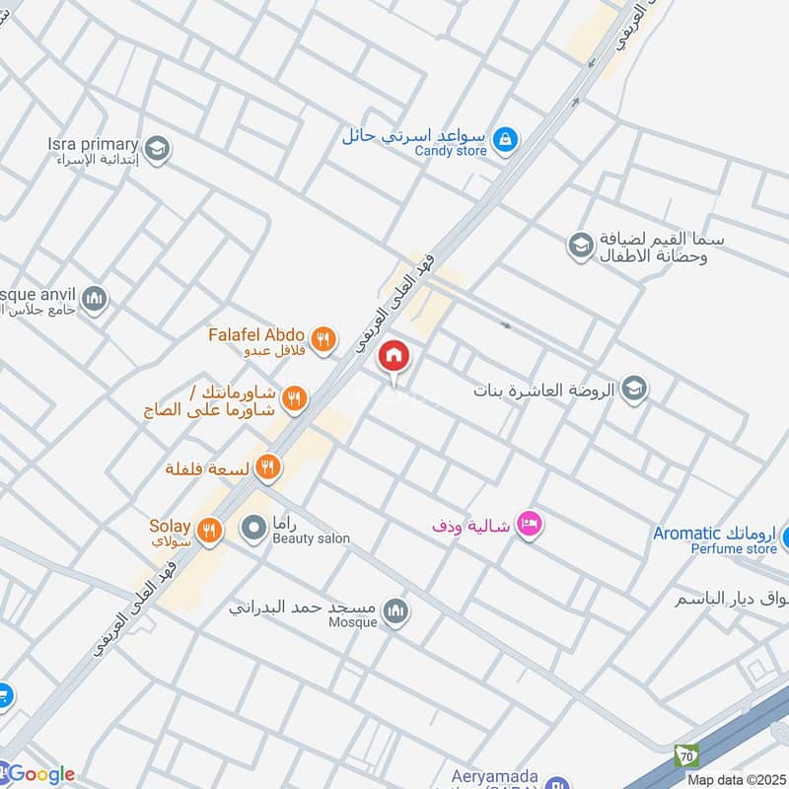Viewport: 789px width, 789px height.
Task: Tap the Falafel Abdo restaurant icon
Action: [x=323, y=341]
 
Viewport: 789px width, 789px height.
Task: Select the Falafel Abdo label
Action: [x=256, y=335]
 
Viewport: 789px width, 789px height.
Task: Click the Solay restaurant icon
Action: [x=208, y=530]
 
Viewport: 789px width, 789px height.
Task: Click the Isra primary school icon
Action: [x=158, y=150]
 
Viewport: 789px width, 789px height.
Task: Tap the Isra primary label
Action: [x=93, y=145]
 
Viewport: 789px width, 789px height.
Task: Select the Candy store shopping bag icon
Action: [x=505, y=140]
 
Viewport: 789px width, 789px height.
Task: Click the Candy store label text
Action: [x=451, y=151]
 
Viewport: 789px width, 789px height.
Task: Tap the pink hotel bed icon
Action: [x=530, y=525]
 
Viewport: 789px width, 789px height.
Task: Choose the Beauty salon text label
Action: [x=311, y=539]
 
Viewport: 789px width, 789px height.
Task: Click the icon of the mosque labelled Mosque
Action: [x=396, y=612]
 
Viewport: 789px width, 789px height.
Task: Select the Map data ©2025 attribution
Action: [x=735, y=779]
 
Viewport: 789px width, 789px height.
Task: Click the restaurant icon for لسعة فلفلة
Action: [x=267, y=468]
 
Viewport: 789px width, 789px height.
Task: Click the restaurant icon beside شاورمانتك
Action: [x=293, y=399]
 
